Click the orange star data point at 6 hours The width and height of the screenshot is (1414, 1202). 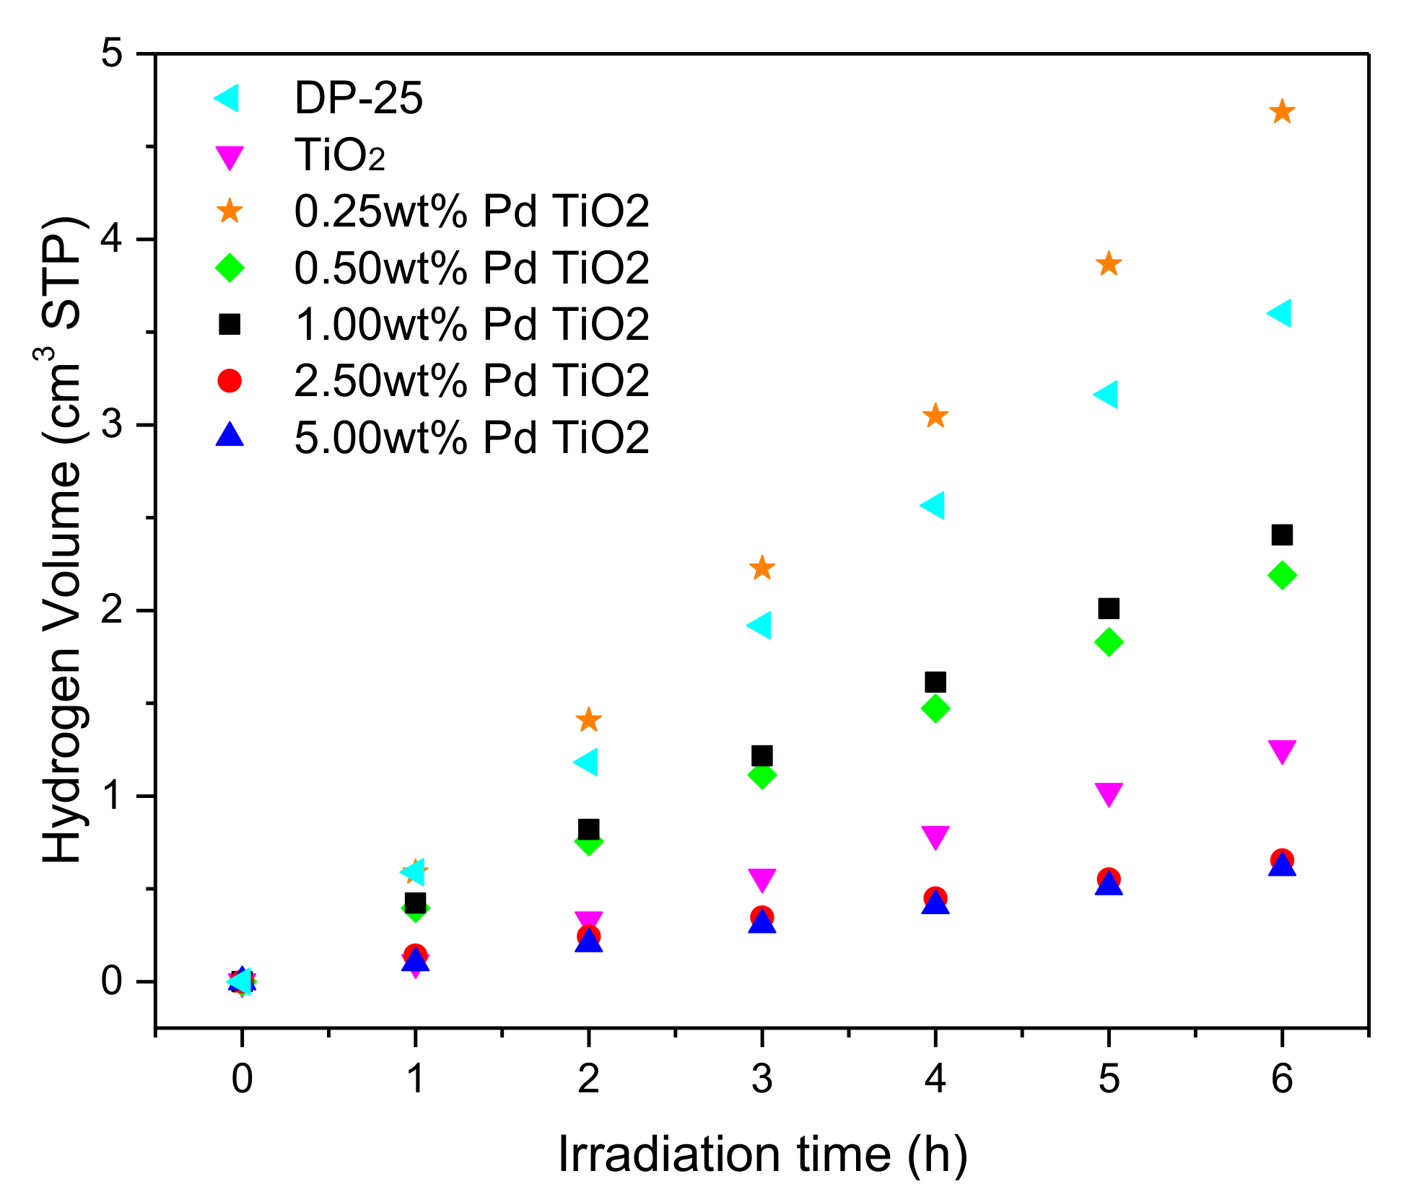1281,112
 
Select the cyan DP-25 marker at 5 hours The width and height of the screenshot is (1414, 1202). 1107,395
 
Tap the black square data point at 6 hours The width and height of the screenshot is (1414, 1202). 1281,535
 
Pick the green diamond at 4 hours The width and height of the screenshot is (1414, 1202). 935,709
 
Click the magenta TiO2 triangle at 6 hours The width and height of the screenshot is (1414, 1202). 1281,750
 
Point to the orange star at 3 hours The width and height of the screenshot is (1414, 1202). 761,568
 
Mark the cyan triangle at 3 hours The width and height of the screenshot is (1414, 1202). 759,625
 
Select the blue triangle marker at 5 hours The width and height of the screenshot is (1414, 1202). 1109,884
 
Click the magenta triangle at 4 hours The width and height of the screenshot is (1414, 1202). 935,837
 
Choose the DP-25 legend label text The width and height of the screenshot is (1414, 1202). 358,98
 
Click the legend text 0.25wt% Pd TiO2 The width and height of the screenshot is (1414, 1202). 471,211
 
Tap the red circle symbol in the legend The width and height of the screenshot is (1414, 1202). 230,380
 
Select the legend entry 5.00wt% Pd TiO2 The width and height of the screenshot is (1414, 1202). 471,437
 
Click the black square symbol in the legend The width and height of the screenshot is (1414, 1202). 230,324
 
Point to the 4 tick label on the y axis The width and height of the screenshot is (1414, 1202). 112,240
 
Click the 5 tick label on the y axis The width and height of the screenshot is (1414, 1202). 112,54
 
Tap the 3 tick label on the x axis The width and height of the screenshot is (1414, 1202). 761,1079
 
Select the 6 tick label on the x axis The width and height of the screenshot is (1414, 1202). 1281,1079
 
